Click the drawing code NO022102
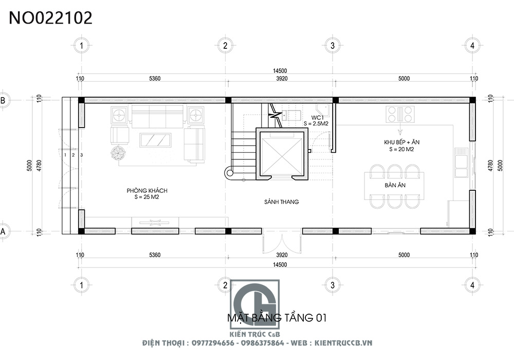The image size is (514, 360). pos(50,18)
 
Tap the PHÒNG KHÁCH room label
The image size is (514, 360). pos(147,190)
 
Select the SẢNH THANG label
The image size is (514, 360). pos(282,202)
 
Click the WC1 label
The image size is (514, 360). pos(317,117)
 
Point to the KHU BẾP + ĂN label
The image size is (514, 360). pos(401,142)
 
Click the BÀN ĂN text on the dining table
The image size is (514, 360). pos(395,185)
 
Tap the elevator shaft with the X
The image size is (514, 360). pos(282,154)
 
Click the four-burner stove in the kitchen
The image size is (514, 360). pos(400,114)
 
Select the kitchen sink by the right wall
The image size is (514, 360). pos(461,163)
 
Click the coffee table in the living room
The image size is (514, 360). pos(155,140)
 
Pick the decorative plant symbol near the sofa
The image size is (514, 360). pos(118,153)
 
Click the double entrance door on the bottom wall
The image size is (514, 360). pos(282,242)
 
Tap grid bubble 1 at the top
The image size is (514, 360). pos(81,46)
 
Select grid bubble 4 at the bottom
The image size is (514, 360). pos(472,285)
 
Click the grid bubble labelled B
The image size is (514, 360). pos(4,100)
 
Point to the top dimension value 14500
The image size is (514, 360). pos(280,71)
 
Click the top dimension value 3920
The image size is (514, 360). pos(282,79)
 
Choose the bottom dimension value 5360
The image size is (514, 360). pos(155,255)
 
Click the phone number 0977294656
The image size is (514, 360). pos(213,343)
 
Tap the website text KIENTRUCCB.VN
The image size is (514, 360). pos(343,343)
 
